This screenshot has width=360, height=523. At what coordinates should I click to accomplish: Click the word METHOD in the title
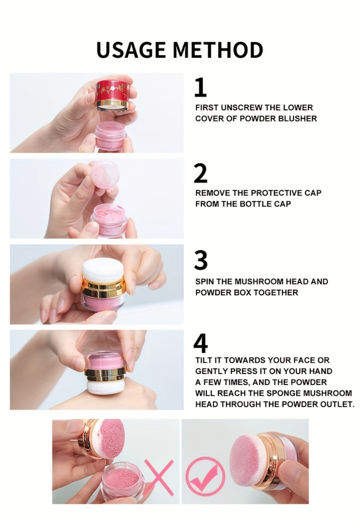point(218,50)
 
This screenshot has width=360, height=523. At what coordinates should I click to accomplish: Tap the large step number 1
point(201,87)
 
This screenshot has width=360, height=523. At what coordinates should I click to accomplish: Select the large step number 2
point(201,173)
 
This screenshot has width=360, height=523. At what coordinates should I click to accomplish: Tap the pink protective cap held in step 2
point(105,175)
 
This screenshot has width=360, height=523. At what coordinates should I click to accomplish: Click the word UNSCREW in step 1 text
point(239,108)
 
